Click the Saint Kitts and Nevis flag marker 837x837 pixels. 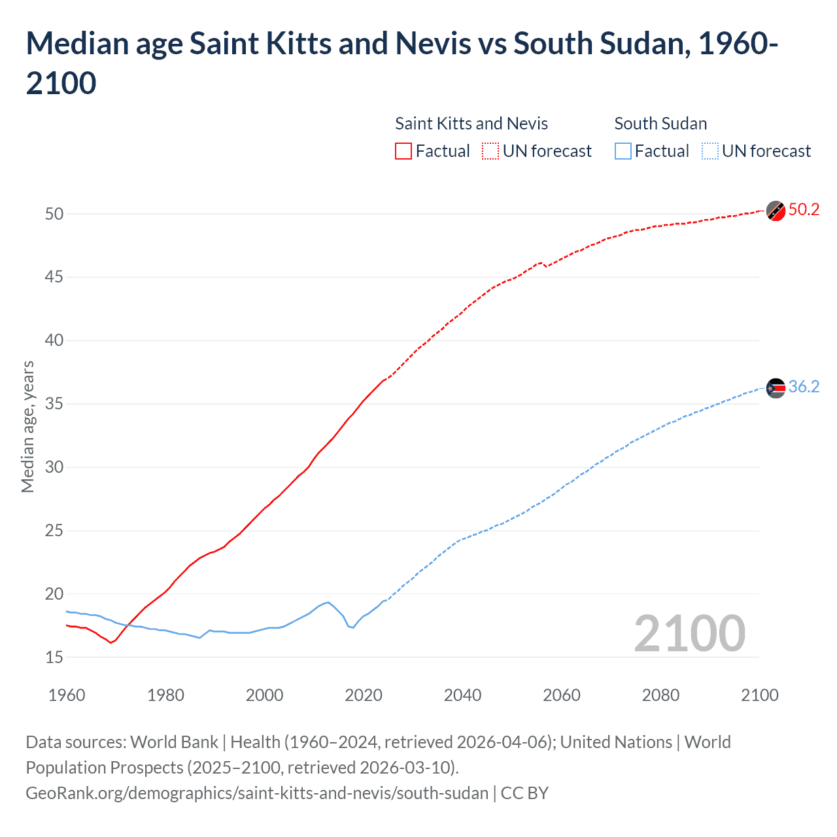[776, 211]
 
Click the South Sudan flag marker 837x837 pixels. [776, 388]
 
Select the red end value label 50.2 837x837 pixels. [804, 209]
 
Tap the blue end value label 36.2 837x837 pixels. [804, 386]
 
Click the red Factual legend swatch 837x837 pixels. [403, 151]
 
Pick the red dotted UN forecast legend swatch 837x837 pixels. [490, 151]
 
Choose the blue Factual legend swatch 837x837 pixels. [623, 151]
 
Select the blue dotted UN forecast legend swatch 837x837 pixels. [709, 151]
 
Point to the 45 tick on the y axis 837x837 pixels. [54, 277]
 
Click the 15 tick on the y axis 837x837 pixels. [54, 657]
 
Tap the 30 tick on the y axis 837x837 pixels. [54, 467]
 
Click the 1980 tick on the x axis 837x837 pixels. [165, 695]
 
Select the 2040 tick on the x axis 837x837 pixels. [462, 695]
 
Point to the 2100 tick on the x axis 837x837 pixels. [759, 695]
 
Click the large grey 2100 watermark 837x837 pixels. [689, 633]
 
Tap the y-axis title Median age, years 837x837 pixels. [27, 426]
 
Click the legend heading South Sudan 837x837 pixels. [660, 124]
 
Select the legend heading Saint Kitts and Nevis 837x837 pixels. [471, 124]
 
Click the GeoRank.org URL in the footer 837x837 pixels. [257, 793]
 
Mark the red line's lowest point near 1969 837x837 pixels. [111, 643]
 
